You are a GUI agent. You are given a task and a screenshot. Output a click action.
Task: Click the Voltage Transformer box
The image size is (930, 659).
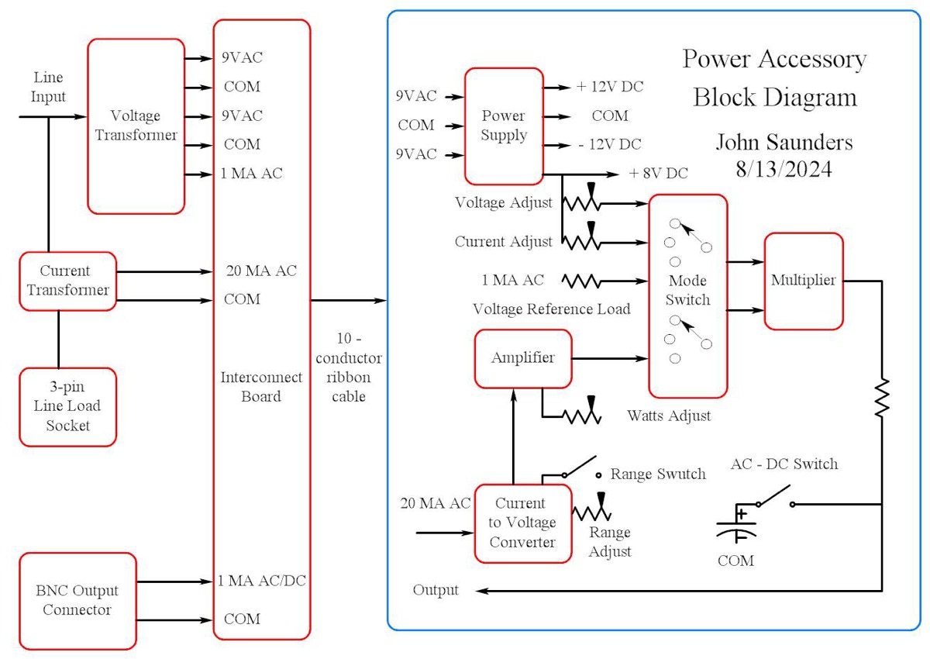point(136,126)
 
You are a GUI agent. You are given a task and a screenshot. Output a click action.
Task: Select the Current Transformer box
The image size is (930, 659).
point(68,281)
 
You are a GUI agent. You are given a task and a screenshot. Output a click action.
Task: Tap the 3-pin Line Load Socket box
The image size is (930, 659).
point(68,406)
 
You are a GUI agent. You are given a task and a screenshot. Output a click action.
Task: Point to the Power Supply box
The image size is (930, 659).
point(503,125)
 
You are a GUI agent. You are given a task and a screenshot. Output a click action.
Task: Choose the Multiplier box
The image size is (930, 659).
point(803,281)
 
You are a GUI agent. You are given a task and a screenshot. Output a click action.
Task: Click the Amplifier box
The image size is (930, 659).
point(523,358)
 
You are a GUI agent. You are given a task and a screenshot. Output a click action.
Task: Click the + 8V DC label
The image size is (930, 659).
point(658,173)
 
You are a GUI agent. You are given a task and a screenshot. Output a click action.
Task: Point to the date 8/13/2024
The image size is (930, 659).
point(784,169)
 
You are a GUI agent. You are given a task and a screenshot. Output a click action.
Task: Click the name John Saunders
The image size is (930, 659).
point(784,143)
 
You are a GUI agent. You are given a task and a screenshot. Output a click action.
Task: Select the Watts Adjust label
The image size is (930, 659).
point(669,416)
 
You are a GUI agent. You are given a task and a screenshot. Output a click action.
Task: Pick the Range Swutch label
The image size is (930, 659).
point(658,474)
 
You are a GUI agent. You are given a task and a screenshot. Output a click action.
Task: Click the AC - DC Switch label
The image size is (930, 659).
point(784,464)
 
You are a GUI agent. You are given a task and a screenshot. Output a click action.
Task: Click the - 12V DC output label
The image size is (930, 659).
point(609,144)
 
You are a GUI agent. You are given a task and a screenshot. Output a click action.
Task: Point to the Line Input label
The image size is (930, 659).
point(48,87)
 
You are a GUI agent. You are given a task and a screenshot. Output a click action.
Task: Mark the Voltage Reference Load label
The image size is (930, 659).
point(551,309)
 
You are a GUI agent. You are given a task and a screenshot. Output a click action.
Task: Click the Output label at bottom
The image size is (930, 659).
point(436,590)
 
